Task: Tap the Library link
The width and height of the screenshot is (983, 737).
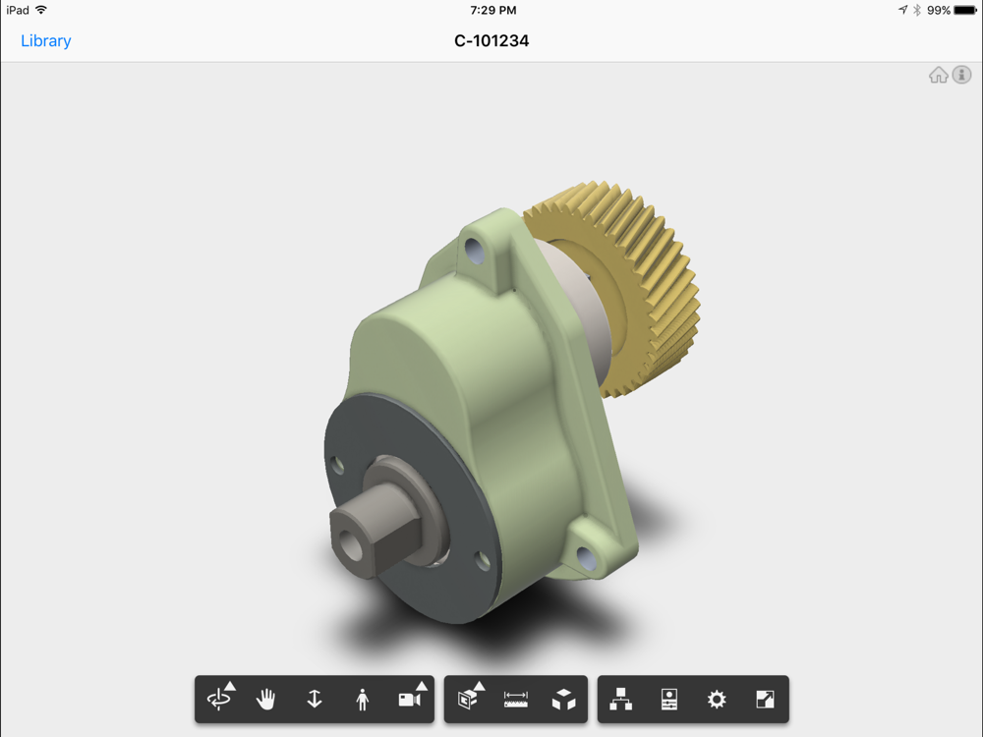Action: (x=46, y=41)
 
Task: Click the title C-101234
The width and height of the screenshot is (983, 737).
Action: (x=491, y=41)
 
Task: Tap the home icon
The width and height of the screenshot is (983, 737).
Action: (x=939, y=76)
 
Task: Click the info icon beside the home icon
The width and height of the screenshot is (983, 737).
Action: (x=961, y=75)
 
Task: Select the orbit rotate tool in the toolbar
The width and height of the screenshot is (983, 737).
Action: (x=219, y=698)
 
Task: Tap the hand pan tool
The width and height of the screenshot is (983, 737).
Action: (x=265, y=699)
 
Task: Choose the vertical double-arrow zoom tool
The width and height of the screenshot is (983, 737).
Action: (x=315, y=699)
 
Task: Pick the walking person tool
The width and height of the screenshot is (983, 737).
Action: (x=363, y=700)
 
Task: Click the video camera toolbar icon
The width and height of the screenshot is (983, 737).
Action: (x=411, y=697)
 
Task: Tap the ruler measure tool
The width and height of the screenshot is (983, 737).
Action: (x=516, y=700)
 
